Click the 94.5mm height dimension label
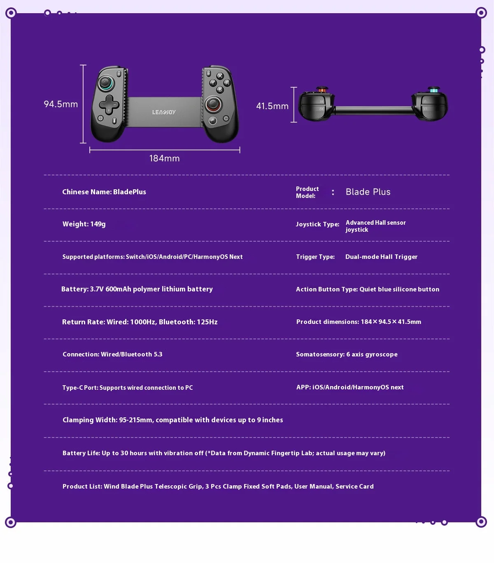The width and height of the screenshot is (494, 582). [61, 104]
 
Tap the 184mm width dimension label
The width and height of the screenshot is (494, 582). [164, 158]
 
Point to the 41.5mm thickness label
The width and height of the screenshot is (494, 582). [272, 106]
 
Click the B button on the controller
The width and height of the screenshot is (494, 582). [219, 89]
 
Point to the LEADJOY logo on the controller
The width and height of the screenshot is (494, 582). [164, 112]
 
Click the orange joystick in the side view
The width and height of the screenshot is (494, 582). [322, 90]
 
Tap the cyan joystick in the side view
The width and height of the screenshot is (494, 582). [433, 90]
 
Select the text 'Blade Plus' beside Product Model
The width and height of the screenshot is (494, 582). [368, 192]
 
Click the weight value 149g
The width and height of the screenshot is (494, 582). [98, 224]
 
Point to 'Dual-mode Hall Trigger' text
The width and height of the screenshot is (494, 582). [381, 257]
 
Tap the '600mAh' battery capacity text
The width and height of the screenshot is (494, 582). [118, 289]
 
